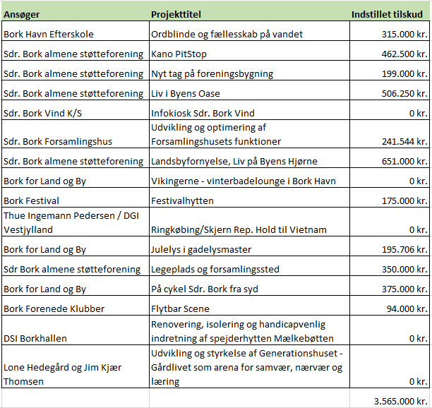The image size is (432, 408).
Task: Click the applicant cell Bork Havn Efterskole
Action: [49, 34]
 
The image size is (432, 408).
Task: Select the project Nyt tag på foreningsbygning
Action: [212, 73]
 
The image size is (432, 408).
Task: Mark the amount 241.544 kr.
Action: [402, 141]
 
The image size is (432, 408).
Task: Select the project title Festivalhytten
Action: [182, 200]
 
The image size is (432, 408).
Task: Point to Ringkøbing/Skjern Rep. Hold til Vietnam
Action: [239, 229]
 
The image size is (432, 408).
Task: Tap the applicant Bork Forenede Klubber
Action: [54, 308]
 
